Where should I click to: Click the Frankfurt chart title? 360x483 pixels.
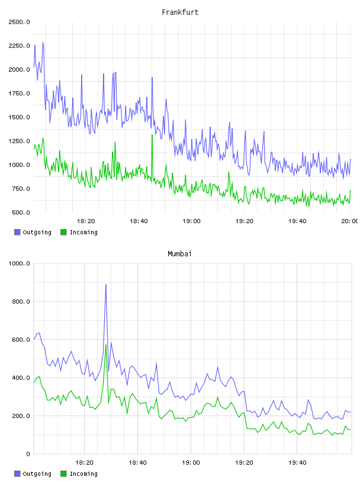pos(180,12)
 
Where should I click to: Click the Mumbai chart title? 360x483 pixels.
pos(179,254)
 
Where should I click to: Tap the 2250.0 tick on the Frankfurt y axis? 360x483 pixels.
pos(19,46)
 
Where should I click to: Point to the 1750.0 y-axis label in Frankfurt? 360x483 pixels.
pos(19,94)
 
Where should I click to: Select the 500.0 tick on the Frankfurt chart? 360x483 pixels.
pos(21,212)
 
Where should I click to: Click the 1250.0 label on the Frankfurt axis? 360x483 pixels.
pos(19,141)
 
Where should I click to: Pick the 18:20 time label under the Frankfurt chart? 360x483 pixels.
pos(86,221)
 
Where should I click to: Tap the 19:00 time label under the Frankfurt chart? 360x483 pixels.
pos(191,221)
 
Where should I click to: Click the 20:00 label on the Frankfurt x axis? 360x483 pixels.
pos(350,221)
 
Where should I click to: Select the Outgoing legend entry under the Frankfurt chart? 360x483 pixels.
pos(33,232)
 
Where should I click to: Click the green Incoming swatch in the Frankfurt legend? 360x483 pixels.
pos(63,232)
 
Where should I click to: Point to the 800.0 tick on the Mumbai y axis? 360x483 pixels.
pos(21,301)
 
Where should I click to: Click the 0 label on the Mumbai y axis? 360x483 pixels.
pos(28,454)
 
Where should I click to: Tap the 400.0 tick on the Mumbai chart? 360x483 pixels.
pos(21,378)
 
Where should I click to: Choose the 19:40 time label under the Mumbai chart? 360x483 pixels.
pos(297,463)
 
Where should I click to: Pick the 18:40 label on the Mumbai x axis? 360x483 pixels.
pos(138,463)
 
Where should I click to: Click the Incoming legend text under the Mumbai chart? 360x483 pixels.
pos(84,474)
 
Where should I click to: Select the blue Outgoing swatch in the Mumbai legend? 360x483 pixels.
pos(17,474)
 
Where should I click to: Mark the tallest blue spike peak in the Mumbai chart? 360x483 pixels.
pos(106,285)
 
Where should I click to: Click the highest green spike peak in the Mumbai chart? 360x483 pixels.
pos(106,345)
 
